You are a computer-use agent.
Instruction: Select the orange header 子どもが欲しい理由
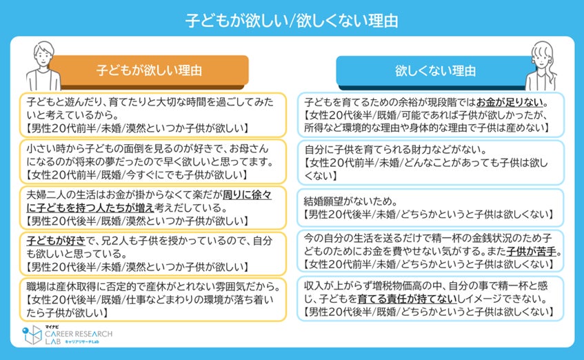pyautogui.click(x=148, y=70)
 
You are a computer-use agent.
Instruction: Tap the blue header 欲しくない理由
pyautogui.click(x=435, y=70)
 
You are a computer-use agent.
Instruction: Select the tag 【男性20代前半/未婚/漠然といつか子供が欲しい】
pyautogui.click(x=134, y=128)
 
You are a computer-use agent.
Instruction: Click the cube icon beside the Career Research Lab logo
pyautogui.click(x=31, y=336)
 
